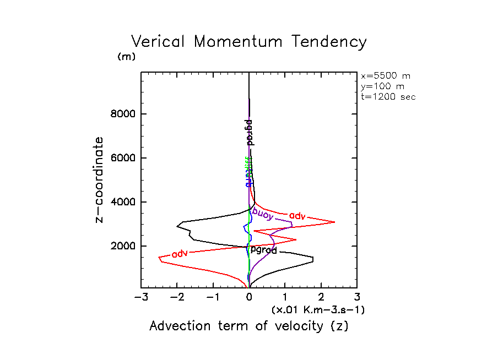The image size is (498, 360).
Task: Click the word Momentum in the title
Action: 242,42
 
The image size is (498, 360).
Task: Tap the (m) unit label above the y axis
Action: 126,57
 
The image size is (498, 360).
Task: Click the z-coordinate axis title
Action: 99,179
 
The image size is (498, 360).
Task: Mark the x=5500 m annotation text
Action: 386,76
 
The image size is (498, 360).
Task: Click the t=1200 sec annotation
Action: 388,96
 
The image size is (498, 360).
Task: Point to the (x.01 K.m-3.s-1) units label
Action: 318,310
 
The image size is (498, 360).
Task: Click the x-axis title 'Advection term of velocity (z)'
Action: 249,326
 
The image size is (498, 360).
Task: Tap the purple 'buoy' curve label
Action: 263,213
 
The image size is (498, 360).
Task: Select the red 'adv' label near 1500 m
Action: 180,254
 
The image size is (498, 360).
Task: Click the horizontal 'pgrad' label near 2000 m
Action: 264,249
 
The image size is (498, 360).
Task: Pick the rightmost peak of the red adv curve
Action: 335,222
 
